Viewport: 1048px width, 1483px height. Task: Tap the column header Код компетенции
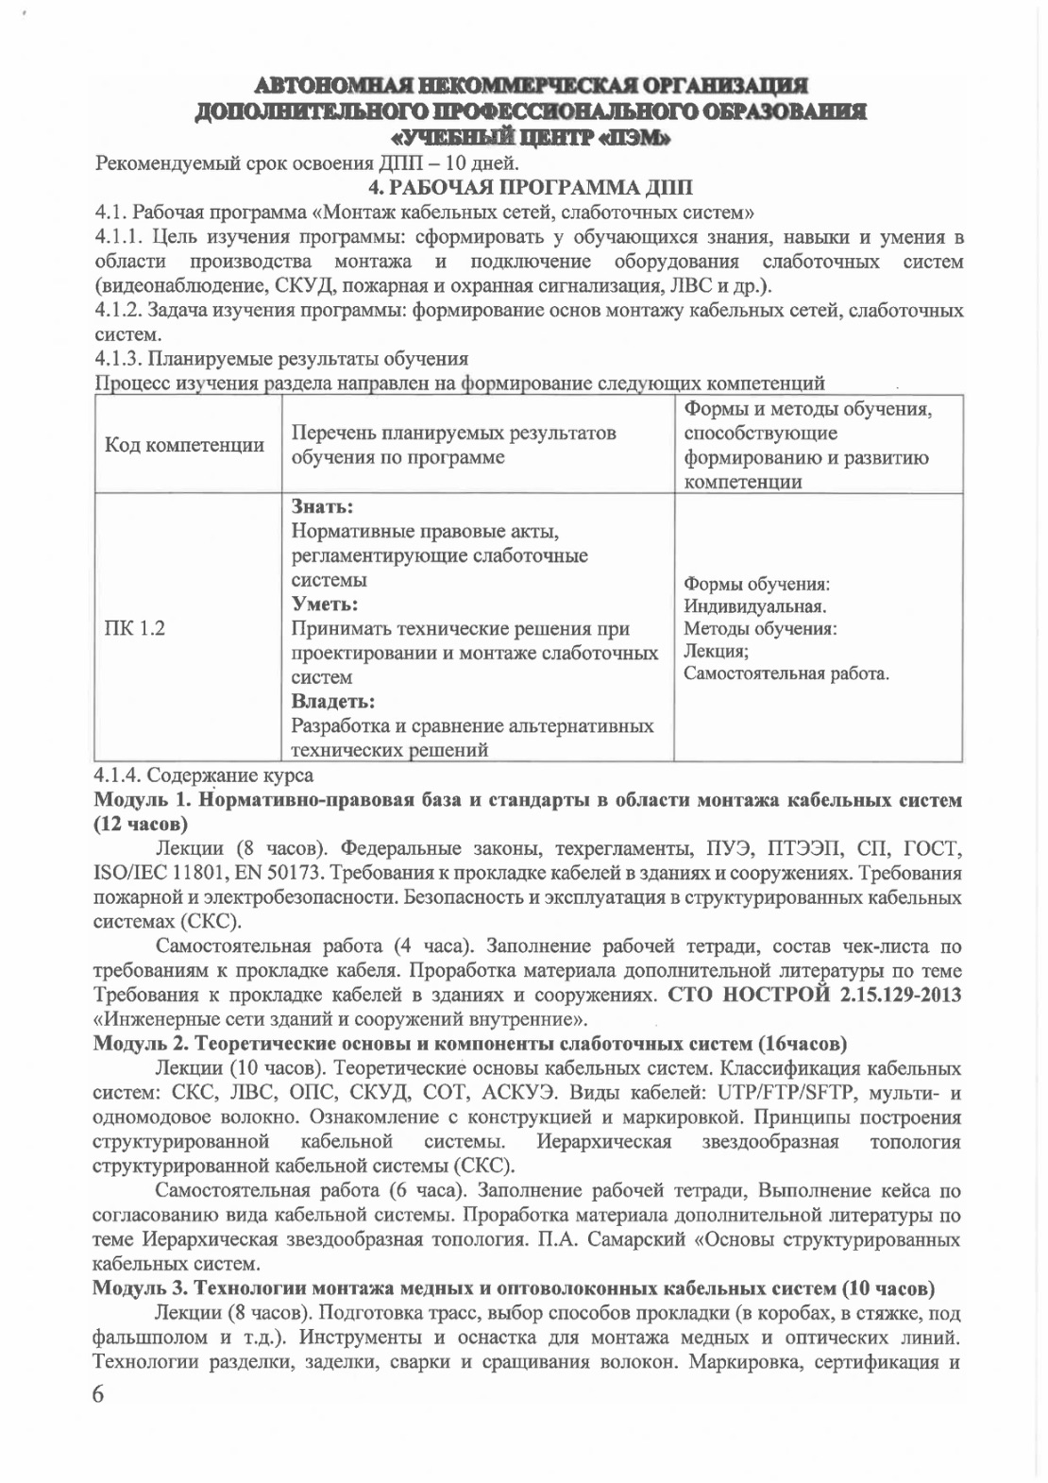click(184, 445)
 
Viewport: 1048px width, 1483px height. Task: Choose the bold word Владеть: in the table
click(332, 702)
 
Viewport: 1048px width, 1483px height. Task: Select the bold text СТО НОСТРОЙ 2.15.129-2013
click(815, 995)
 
